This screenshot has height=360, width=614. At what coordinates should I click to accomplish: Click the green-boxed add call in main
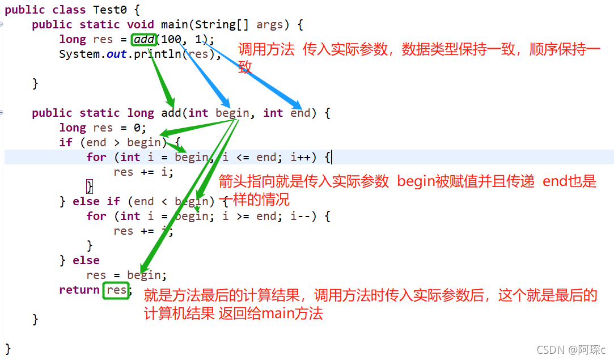[x=144, y=39]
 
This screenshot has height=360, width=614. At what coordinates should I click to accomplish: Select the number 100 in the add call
[x=171, y=39]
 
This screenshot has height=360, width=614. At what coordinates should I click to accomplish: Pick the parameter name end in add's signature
[x=300, y=113]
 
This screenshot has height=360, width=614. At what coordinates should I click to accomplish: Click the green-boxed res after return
[x=116, y=290]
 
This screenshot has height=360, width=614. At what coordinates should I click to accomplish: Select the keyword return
[x=79, y=290]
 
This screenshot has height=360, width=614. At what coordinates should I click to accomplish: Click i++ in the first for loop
[x=301, y=157]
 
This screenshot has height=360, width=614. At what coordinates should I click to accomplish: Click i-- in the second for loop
[x=301, y=216]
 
